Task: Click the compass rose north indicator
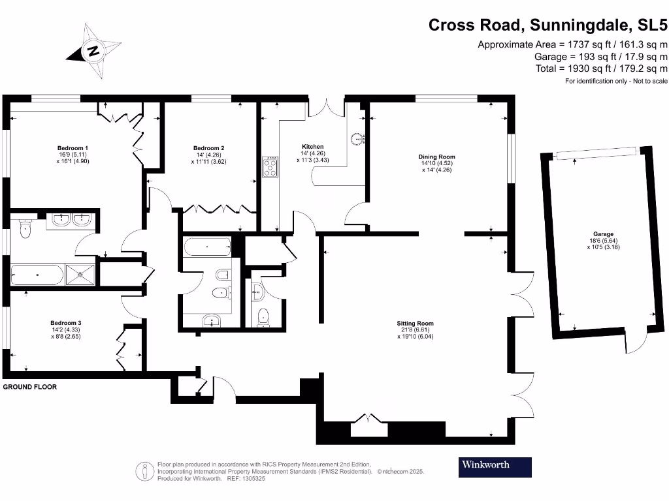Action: click(94, 51)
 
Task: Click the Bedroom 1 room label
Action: click(73, 147)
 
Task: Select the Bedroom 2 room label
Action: click(209, 147)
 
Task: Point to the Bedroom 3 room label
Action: click(66, 322)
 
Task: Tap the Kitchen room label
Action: click(312, 146)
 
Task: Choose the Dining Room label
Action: click(436, 157)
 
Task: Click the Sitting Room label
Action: click(415, 323)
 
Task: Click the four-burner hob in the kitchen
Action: click(270, 168)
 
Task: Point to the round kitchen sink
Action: click(357, 138)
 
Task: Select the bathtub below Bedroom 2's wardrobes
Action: click(206, 248)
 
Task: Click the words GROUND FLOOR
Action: click(30, 387)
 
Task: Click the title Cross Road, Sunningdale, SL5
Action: click(547, 25)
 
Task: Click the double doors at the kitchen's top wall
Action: click(326, 106)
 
